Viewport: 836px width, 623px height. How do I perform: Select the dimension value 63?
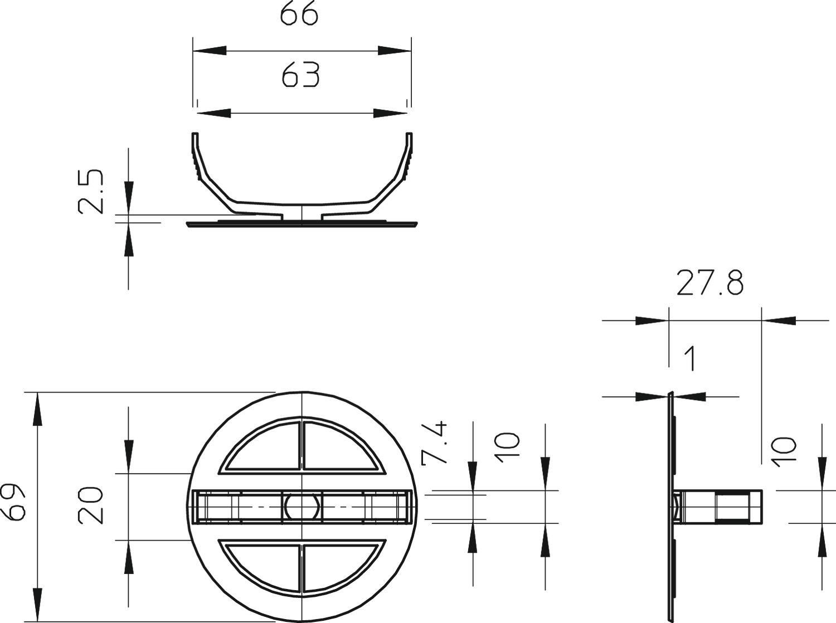tap(300, 75)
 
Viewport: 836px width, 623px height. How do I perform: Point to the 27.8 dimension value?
tap(709, 283)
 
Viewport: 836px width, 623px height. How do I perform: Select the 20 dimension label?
tap(91, 505)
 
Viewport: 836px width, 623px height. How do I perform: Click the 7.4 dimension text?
tap(435, 443)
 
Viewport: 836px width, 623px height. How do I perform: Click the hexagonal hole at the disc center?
tap(302, 507)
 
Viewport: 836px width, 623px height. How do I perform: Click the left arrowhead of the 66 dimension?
tap(210, 50)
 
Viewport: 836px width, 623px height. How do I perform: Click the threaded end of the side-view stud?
tap(738, 507)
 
